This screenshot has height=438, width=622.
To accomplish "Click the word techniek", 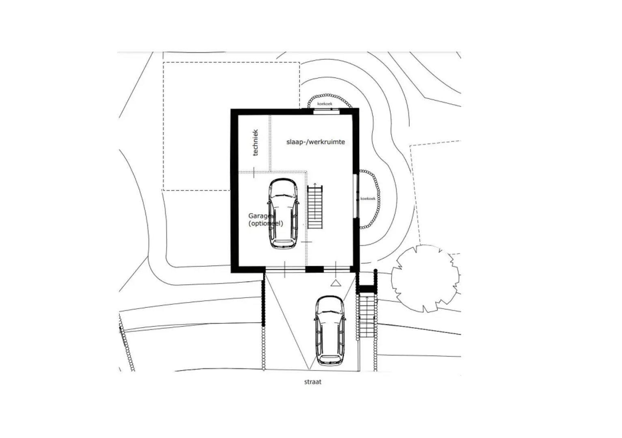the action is coord(256,142).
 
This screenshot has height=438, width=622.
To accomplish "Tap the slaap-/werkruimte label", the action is coord(315,142).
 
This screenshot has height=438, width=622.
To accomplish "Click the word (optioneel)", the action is coord(265,223).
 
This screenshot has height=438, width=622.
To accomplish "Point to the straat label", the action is coord(313,382).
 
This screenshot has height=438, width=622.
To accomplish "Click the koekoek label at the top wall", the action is coord(325,104).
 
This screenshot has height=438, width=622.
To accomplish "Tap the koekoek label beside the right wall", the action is coord(368,198).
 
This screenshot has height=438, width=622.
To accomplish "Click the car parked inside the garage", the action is coord(283,213).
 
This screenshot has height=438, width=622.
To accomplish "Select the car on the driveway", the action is coord(330,331).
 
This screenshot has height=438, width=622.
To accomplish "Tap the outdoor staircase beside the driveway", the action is coord(367,316).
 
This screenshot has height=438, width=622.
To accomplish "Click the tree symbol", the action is coord(426,278).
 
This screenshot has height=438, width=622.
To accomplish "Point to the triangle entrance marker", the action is coord(336,283).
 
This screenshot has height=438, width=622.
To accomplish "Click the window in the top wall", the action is coord(326,111).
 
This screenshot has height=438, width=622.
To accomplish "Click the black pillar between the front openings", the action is coord(314,269).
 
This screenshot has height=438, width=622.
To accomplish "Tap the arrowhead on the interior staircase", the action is coord(315,184).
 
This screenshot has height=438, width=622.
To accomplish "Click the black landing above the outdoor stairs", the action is coord(367,289).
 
